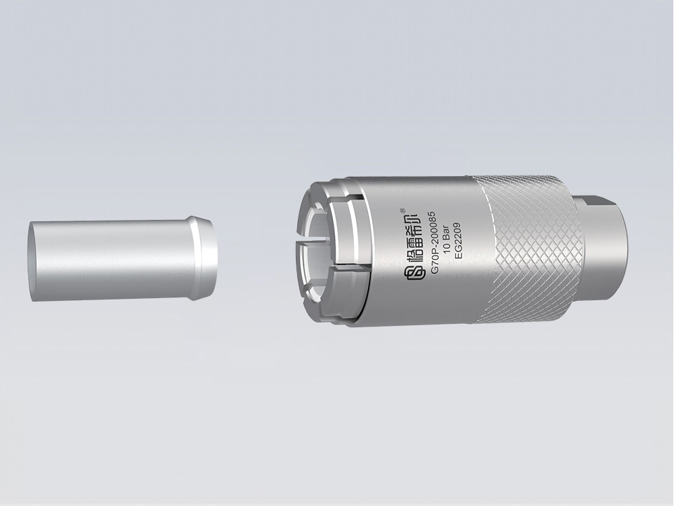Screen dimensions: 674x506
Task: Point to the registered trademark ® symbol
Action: pos(402,210)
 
